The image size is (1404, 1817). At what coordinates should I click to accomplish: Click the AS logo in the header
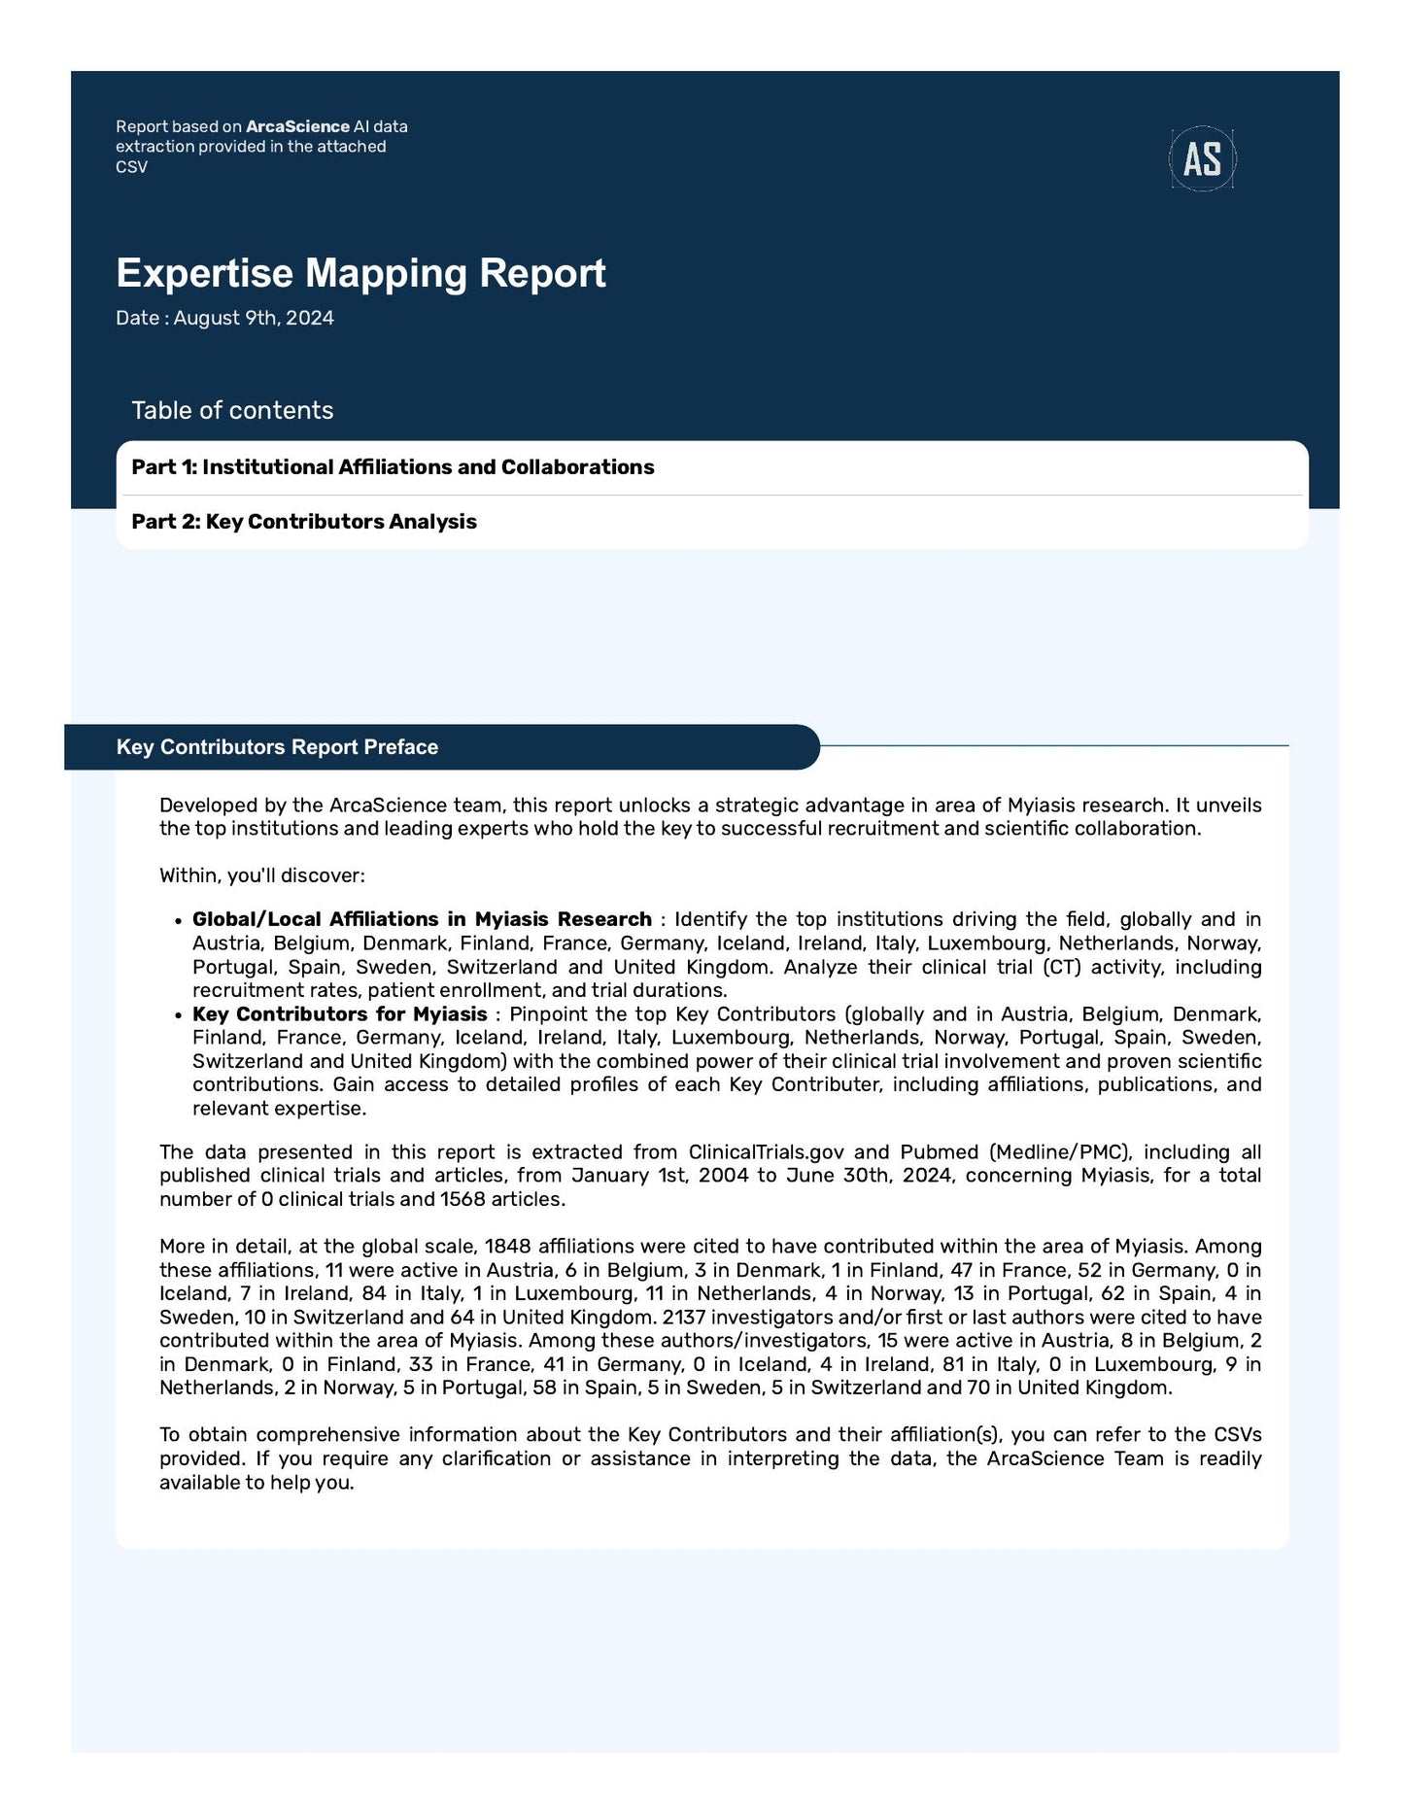pos(1202,158)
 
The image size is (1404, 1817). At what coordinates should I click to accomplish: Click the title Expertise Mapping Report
pos(360,273)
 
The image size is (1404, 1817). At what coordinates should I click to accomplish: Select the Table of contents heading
pos(232,410)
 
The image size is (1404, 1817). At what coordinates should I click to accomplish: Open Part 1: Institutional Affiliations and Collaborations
pos(393,467)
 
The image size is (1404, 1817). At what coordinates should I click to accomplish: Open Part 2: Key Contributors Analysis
pos(304,522)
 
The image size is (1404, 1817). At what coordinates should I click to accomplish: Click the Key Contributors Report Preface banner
pos(277,747)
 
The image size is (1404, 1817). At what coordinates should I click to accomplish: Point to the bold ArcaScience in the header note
pos(297,126)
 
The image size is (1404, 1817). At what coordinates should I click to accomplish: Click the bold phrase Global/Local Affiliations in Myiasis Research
pos(422,919)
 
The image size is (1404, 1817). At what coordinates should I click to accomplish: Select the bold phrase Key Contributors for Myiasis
pos(339,1014)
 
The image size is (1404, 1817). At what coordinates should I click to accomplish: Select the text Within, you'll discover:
pos(261,875)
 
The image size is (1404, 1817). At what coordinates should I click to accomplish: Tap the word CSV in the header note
pos(131,167)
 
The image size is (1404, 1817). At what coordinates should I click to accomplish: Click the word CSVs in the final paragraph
pos(1237,1435)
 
